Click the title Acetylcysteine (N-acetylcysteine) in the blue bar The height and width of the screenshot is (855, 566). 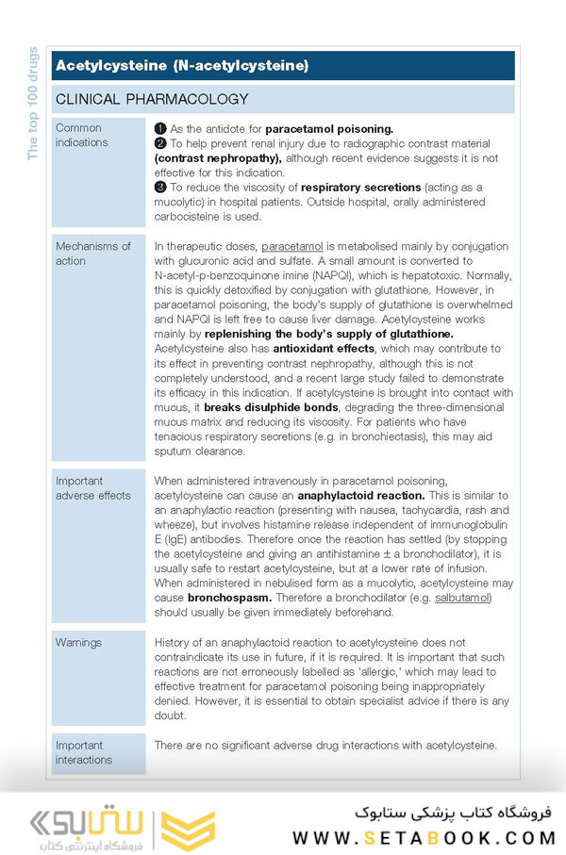coord(182,66)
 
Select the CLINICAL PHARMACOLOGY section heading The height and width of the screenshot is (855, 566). coord(152,99)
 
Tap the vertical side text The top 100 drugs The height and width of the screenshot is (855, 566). coord(33,104)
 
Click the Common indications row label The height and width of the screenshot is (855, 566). coord(82,135)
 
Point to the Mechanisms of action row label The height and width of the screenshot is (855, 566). coord(92,254)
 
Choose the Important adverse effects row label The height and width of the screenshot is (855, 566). coord(92,487)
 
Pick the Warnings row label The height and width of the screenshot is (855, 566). coord(78,643)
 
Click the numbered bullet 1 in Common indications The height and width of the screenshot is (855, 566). coord(159,128)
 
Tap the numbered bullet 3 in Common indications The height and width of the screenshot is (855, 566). coord(159,188)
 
